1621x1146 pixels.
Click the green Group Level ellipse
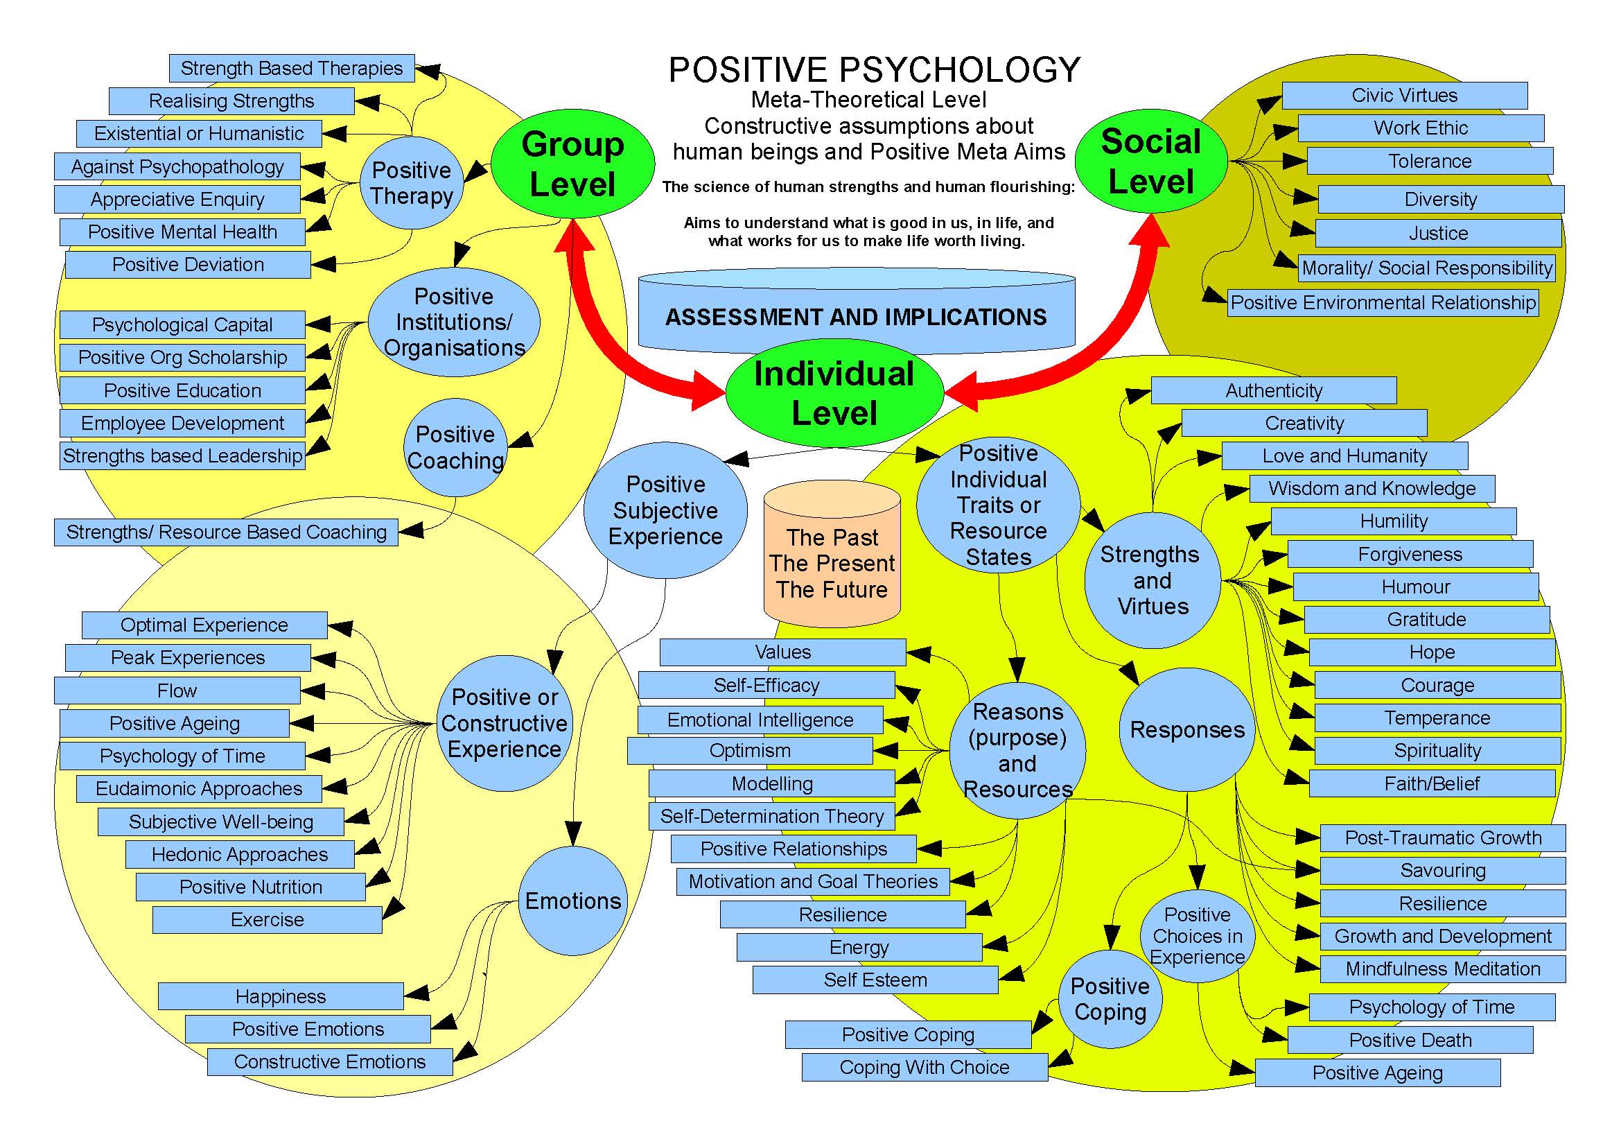tap(572, 164)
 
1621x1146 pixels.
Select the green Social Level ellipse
tap(1151, 161)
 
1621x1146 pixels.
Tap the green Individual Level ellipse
tap(834, 393)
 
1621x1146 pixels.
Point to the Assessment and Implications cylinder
tap(857, 314)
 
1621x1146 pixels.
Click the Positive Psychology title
tap(874, 70)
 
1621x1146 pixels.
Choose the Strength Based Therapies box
tap(292, 69)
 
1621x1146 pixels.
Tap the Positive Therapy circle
tap(412, 183)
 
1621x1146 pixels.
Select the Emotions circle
tap(572, 901)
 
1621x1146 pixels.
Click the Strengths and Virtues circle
tap(1153, 580)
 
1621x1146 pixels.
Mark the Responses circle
tap(1188, 729)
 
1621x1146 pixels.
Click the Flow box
tap(177, 691)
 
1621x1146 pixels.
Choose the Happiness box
tap(281, 996)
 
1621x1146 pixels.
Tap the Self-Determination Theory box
tap(771, 816)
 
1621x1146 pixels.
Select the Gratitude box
tap(1426, 620)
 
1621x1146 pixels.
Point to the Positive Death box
tap(1410, 1040)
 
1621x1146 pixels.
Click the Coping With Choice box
tap(925, 1068)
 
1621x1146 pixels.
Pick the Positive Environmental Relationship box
tap(1383, 303)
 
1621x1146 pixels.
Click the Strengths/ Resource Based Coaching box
tap(226, 532)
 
